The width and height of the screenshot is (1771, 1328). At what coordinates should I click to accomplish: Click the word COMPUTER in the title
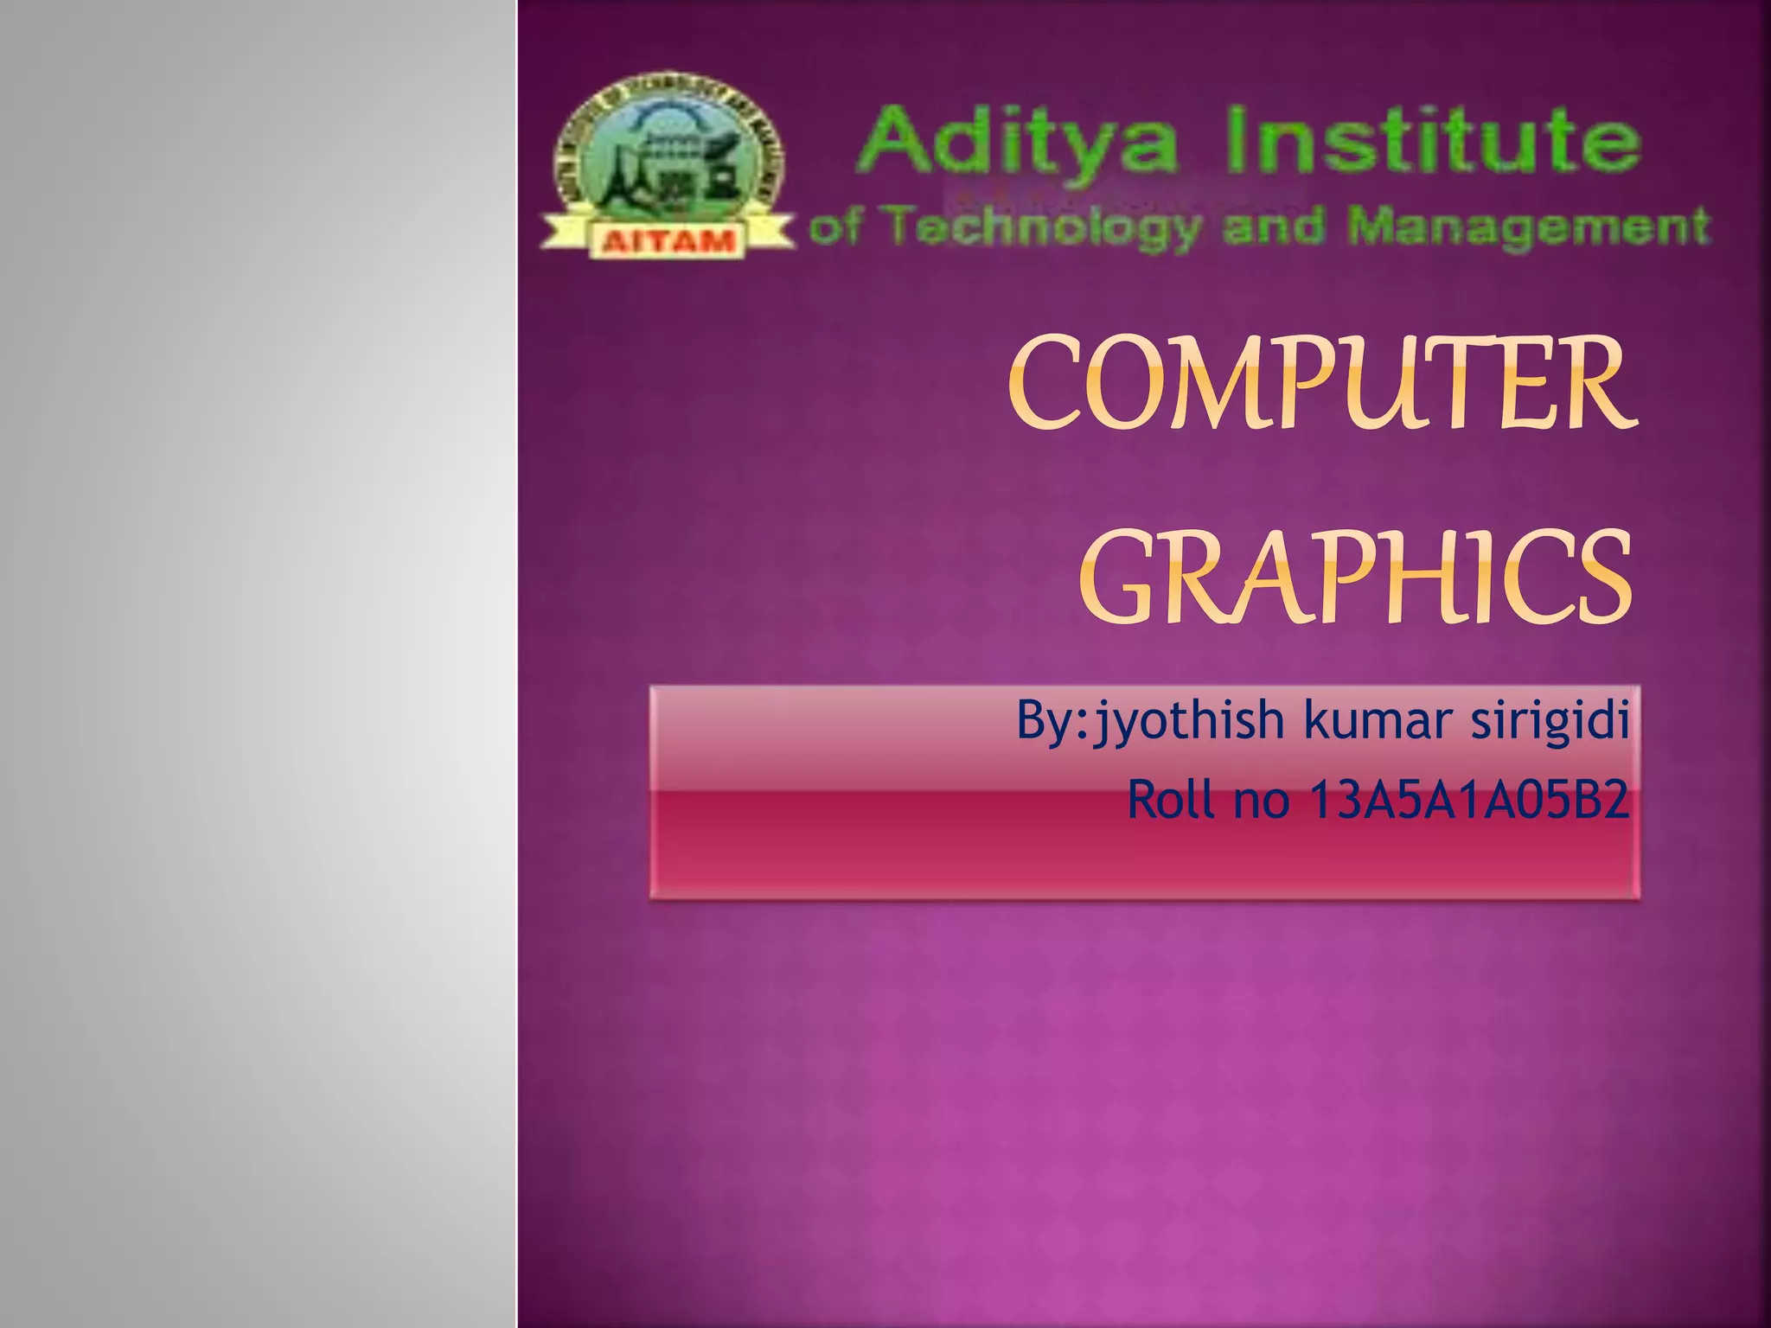[x=1323, y=385]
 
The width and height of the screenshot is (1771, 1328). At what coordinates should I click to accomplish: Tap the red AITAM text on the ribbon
[x=667, y=240]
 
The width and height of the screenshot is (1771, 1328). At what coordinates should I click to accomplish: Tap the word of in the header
[x=834, y=227]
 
